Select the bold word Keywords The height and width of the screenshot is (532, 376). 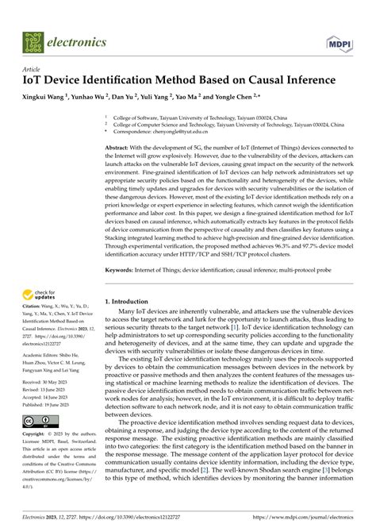pos(122,270)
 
